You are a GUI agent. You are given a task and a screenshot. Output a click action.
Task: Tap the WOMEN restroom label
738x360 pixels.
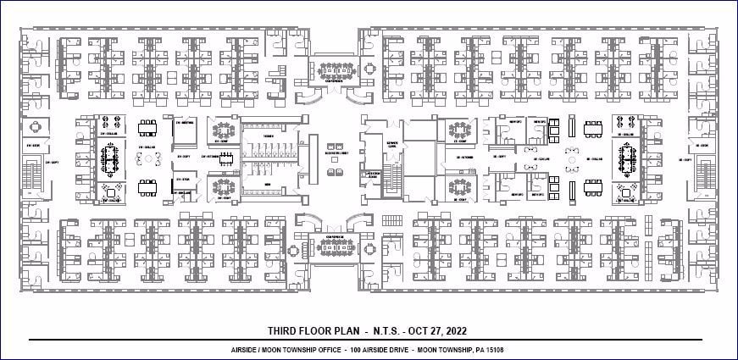coord(268,136)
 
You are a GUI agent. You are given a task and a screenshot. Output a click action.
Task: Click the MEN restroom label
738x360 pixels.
coord(268,184)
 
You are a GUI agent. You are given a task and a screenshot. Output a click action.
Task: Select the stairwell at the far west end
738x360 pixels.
coord(34,178)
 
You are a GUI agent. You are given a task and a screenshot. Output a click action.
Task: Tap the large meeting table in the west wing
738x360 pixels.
coord(110,158)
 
